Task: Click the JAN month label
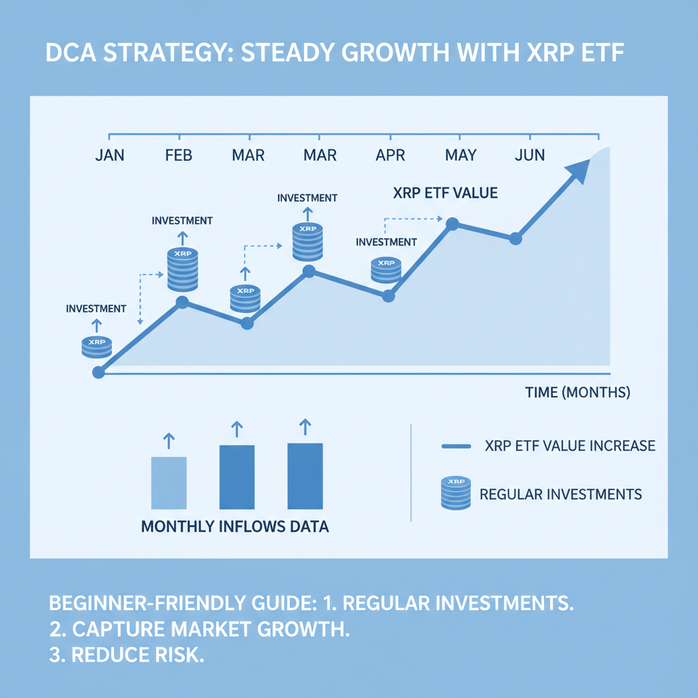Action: click(x=110, y=155)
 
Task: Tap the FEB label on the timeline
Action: click(x=179, y=155)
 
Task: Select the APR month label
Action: click(x=390, y=155)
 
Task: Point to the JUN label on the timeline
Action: click(x=530, y=155)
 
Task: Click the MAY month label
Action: click(x=460, y=155)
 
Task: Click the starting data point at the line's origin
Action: click(x=98, y=372)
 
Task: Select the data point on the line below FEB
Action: click(x=182, y=302)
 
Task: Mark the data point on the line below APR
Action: click(x=389, y=296)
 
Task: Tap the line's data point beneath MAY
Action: click(x=451, y=223)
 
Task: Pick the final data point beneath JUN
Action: click(x=515, y=239)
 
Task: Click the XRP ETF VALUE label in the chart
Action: click(x=445, y=193)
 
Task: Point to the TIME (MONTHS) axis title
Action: click(x=577, y=393)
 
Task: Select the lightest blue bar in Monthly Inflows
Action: click(x=168, y=483)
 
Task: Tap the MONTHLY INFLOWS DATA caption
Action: click(x=234, y=527)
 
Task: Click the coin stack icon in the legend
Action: click(x=455, y=493)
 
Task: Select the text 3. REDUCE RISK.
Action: click(x=127, y=654)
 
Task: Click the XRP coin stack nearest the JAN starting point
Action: click(x=96, y=346)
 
